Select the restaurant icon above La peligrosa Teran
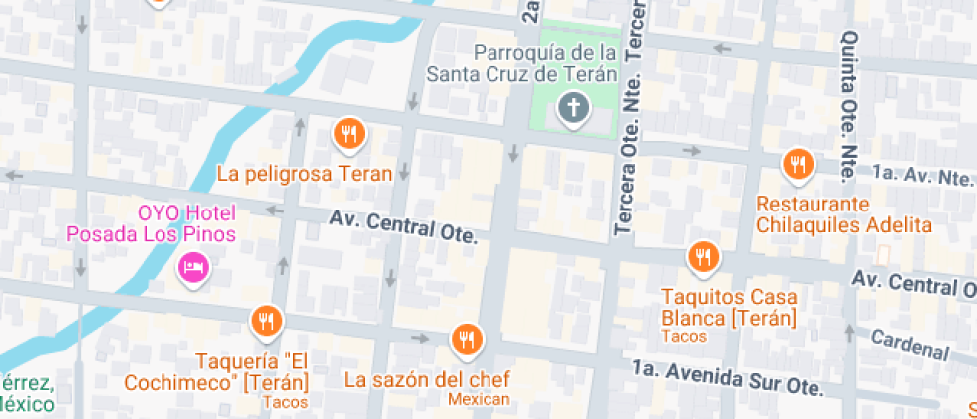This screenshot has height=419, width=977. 348,132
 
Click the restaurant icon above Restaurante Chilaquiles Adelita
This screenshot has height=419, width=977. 797,164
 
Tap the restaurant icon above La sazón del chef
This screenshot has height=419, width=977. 467,341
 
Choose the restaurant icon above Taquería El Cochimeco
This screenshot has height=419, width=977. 266,321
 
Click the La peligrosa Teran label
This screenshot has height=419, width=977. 305,174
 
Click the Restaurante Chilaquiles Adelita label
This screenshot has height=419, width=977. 843,214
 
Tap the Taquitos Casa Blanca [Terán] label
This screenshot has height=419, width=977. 729,308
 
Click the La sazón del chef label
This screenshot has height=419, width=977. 427,379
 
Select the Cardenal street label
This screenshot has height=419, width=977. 909,343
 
